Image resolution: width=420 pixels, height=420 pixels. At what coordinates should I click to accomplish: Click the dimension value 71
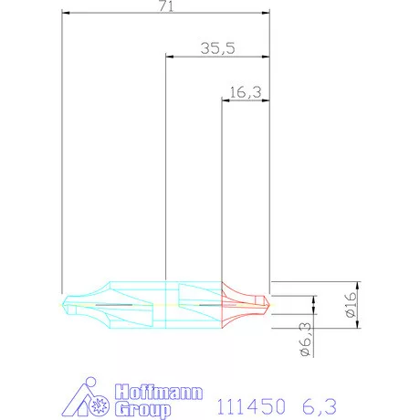click(165, 6)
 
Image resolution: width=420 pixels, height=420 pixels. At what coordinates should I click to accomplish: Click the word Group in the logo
click(144, 408)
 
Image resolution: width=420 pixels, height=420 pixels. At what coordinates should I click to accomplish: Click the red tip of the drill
click(265, 302)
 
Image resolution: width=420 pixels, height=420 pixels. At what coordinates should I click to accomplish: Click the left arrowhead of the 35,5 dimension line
click(168, 57)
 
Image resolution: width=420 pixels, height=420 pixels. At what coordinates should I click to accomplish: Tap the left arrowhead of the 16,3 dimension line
click(226, 99)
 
